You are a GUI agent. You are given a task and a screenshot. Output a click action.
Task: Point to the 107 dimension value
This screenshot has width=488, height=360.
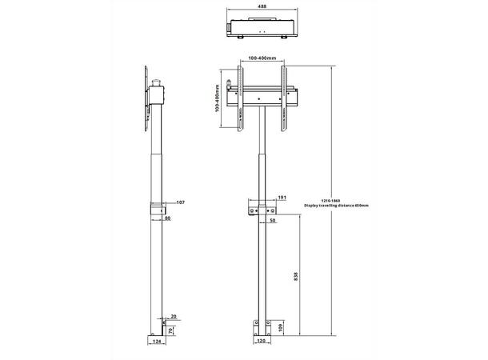[x=181, y=203]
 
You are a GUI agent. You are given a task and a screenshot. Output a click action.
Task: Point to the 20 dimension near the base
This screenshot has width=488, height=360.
[x=174, y=315]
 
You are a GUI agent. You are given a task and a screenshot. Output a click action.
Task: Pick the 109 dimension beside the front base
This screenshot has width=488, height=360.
[x=282, y=329]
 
